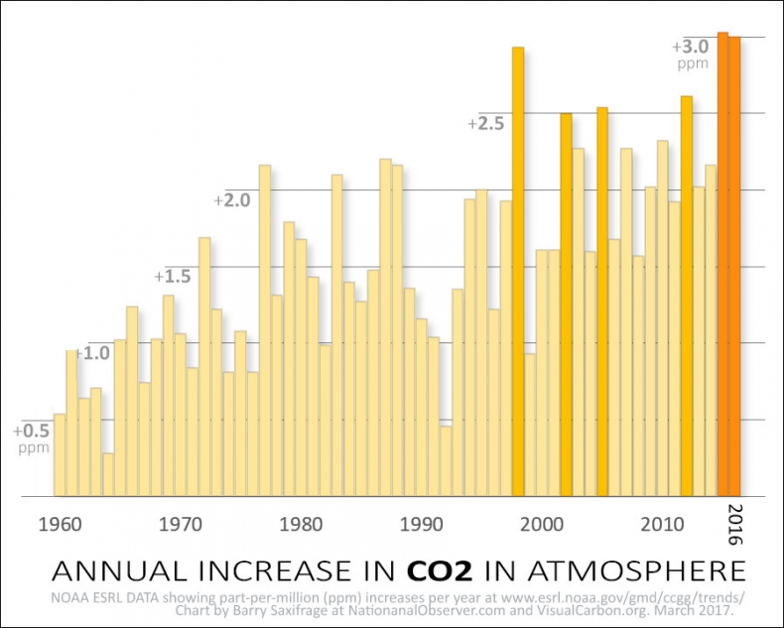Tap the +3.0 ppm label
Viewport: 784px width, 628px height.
[x=692, y=54]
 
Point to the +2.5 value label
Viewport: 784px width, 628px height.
[x=486, y=124]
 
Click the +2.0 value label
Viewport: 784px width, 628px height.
[x=232, y=200]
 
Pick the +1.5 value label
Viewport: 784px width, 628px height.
[x=172, y=276]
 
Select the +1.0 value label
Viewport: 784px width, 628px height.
[x=93, y=353]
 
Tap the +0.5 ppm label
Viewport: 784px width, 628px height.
[x=31, y=439]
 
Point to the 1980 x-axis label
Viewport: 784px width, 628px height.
[x=298, y=523]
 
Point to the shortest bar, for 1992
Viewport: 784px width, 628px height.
[x=446, y=460]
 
